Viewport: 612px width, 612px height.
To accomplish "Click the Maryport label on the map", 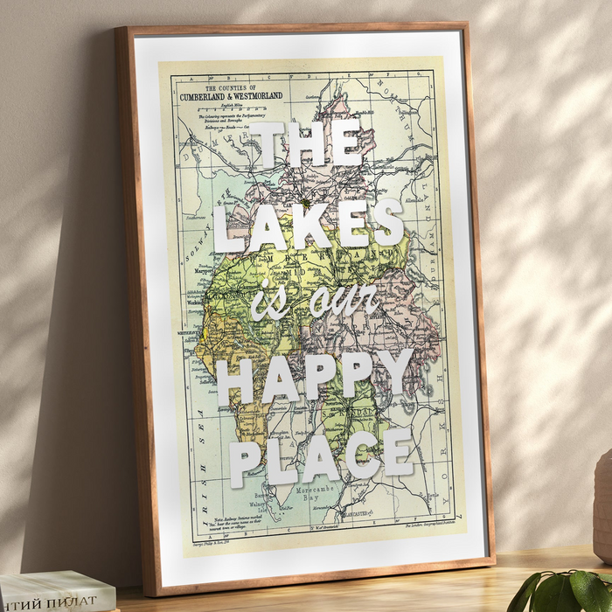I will [203, 273].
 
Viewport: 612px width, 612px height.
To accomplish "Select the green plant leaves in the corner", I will [565, 591].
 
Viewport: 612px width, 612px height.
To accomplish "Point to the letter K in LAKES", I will [309, 223].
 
